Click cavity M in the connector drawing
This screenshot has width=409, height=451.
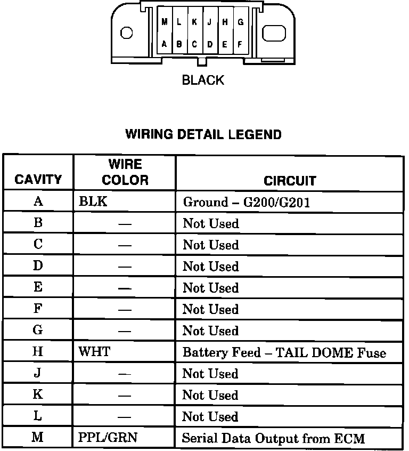click(165, 22)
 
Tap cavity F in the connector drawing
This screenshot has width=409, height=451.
click(240, 44)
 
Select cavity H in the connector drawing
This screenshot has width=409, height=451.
click(225, 22)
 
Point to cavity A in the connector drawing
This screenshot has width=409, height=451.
click(165, 44)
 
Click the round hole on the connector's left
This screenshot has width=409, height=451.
click(127, 33)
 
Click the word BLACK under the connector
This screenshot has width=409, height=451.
click(203, 80)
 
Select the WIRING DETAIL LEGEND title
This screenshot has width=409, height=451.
click(203, 134)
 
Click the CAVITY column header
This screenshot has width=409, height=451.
click(38, 180)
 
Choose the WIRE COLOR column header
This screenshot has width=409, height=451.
click(125, 172)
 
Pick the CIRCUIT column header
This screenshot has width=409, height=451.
click(290, 181)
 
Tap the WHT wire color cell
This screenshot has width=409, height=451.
click(94, 352)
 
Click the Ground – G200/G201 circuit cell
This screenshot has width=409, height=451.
click(247, 202)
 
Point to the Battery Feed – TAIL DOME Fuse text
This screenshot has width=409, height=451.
click(284, 353)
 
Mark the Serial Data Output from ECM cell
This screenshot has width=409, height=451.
click(273, 439)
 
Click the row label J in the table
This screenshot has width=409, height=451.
click(38, 373)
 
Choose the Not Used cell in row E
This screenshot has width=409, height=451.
click(210, 288)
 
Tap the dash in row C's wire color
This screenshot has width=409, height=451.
click(125, 246)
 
